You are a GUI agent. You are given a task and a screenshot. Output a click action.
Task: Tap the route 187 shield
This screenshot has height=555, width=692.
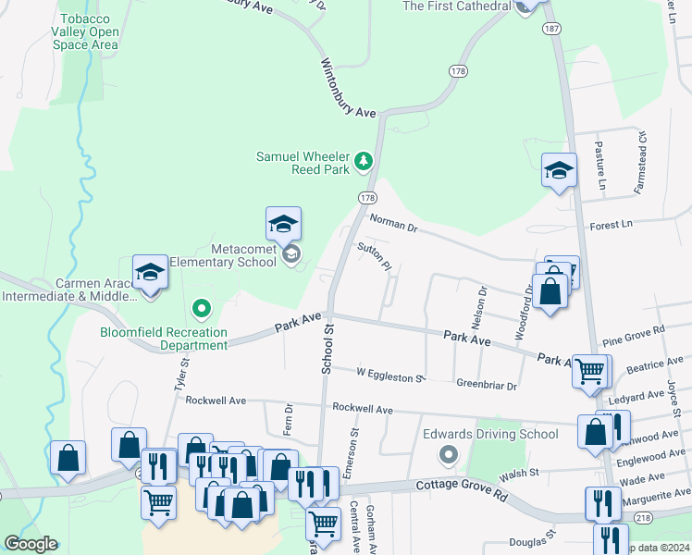tap(552, 30)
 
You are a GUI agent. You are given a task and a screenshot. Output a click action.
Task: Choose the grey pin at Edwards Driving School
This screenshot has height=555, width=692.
tap(449, 454)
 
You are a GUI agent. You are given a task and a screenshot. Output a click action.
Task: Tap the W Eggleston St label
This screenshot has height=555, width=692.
tap(390, 374)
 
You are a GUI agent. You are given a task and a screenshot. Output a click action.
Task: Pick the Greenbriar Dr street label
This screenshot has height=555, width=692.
tap(486, 384)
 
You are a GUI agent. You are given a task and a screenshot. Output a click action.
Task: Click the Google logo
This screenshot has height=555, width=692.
tap(31, 544)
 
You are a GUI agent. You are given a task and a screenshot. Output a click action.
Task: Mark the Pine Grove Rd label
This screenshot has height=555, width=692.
tap(633, 331)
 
